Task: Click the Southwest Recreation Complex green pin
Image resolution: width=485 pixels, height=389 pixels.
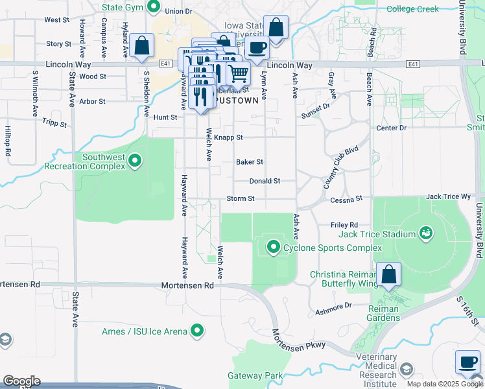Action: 135,160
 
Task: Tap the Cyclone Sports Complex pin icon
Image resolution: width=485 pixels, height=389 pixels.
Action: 274,247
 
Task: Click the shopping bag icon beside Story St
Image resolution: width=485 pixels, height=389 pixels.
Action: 141,46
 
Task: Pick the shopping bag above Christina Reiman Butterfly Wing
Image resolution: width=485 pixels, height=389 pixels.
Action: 389,274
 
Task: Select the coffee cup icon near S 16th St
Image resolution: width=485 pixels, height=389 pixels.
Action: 467,362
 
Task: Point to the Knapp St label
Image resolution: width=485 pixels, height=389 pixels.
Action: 228,137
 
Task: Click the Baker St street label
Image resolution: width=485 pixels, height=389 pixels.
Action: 250,162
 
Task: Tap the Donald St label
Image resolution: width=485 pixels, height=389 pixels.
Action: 265,182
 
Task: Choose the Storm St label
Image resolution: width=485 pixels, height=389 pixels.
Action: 240,198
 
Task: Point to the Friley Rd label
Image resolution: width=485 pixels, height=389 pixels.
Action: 344,224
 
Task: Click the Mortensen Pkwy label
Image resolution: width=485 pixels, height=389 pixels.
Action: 298,344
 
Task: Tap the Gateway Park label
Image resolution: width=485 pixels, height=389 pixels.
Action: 255,376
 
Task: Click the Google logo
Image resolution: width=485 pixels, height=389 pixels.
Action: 21,381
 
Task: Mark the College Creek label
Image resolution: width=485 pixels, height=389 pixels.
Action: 413,9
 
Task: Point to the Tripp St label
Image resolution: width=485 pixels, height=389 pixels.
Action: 54,122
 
